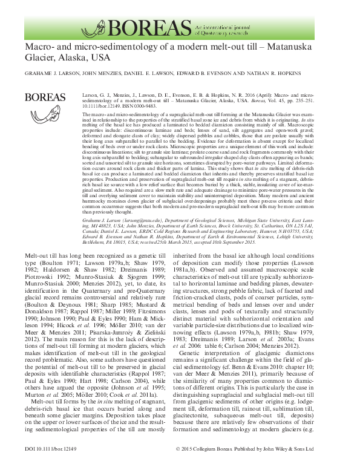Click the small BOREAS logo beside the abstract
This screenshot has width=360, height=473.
pyautogui.click(x=43, y=96)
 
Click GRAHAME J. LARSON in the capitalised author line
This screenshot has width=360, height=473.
pyautogui.click(x=55, y=74)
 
